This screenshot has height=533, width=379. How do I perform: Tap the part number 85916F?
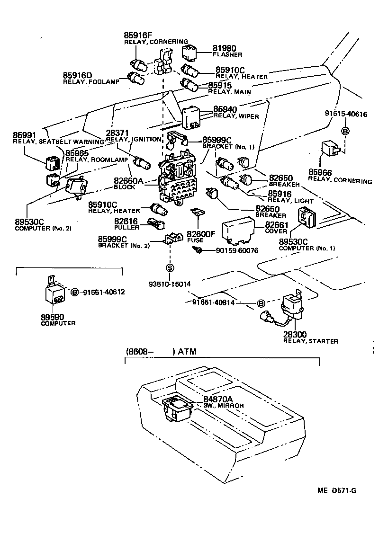pyautogui.click(x=138, y=35)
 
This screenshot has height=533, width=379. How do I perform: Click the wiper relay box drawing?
pyautogui.click(x=191, y=117)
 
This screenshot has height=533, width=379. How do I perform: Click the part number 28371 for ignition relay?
pyautogui.click(x=116, y=133)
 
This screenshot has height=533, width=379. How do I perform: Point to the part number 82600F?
pyautogui.click(x=201, y=233)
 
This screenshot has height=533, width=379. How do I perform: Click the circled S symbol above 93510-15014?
pyautogui.click(x=170, y=268)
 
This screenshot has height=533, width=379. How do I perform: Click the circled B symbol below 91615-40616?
pyautogui.click(x=345, y=131)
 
